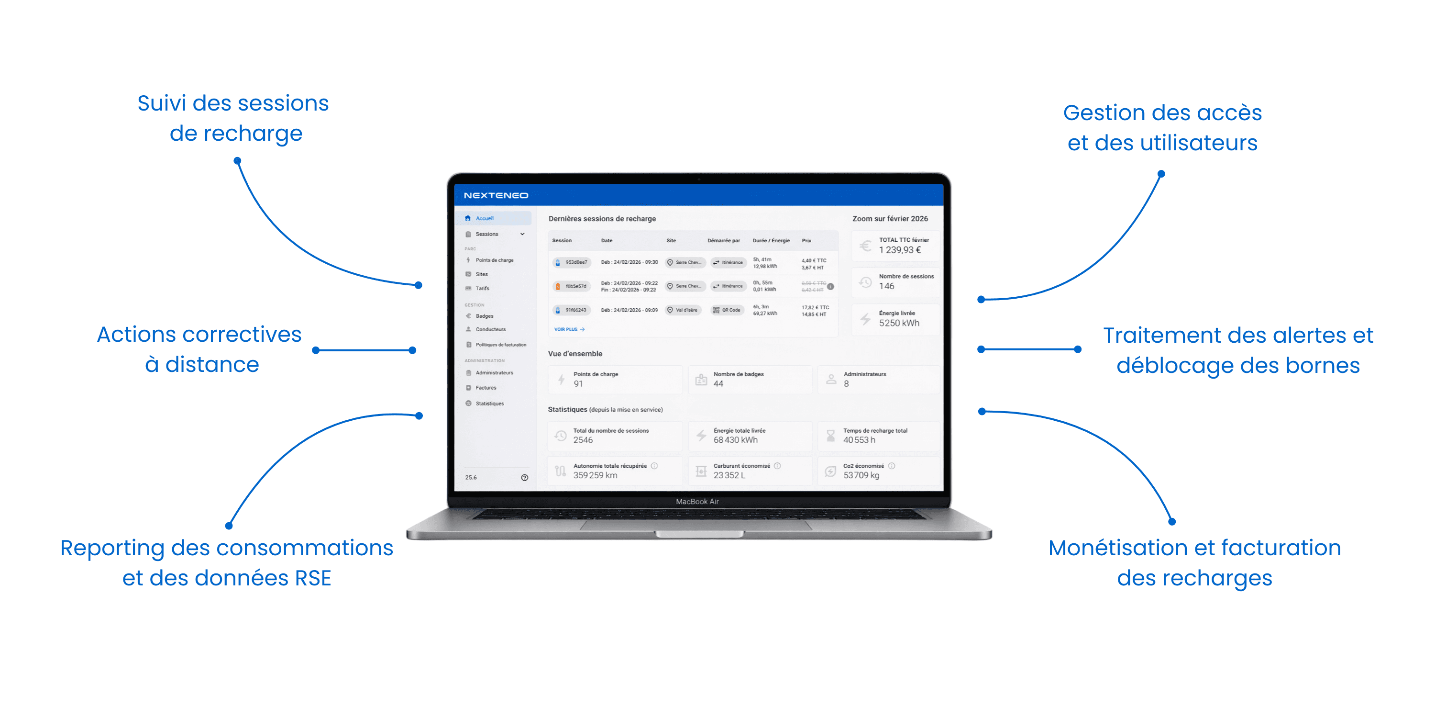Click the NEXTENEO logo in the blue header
pos(495,195)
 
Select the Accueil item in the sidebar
pos(484,218)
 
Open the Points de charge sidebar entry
pos(494,260)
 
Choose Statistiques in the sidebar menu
pos(489,403)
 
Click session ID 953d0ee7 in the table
pos(575,262)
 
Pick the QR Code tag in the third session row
pos(727,310)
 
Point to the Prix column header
pos(806,240)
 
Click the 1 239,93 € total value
pos(900,250)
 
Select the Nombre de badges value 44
pos(718,383)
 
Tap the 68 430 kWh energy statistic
pos(735,440)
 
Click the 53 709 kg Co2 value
pos(861,475)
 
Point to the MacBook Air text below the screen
pos(697,501)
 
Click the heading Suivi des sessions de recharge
pos(233,118)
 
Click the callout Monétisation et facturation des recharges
pos(1194,562)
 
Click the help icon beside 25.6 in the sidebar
pos(524,477)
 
